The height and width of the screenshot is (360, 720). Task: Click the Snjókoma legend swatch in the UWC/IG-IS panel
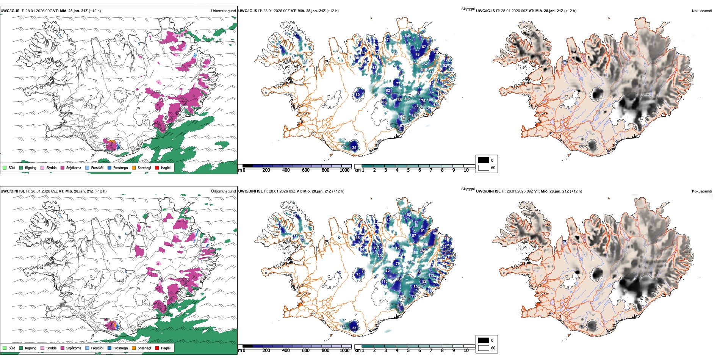(63, 167)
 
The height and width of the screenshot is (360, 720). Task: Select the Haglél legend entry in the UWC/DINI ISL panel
(166, 348)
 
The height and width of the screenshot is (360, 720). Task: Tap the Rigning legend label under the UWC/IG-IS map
(31, 167)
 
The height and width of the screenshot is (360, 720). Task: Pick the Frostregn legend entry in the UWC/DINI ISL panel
(121, 348)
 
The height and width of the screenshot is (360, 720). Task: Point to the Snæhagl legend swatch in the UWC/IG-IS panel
(134, 167)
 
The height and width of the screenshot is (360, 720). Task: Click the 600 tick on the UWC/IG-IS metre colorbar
(306, 170)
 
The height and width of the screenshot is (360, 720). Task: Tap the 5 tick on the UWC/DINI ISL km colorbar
(409, 351)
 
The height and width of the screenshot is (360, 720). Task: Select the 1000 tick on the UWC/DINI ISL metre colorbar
(344, 351)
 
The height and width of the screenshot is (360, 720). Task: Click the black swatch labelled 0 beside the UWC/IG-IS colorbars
(484, 160)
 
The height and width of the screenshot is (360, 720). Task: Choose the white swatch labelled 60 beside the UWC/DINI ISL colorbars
(484, 348)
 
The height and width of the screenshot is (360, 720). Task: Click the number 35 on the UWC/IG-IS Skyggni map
(354, 148)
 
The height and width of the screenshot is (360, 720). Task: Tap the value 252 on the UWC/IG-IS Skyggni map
(424, 64)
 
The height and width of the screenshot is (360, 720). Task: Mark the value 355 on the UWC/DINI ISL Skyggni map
(415, 252)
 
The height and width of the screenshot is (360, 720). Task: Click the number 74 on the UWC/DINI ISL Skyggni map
(358, 275)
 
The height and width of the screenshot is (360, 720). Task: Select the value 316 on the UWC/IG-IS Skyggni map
(424, 70)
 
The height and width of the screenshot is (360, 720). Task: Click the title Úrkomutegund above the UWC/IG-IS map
(223, 11)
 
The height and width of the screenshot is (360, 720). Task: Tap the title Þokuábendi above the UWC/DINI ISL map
(702, 191)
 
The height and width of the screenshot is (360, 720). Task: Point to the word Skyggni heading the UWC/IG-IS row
(468, 9)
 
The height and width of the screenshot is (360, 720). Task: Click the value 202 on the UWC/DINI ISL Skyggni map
(380, 256)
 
